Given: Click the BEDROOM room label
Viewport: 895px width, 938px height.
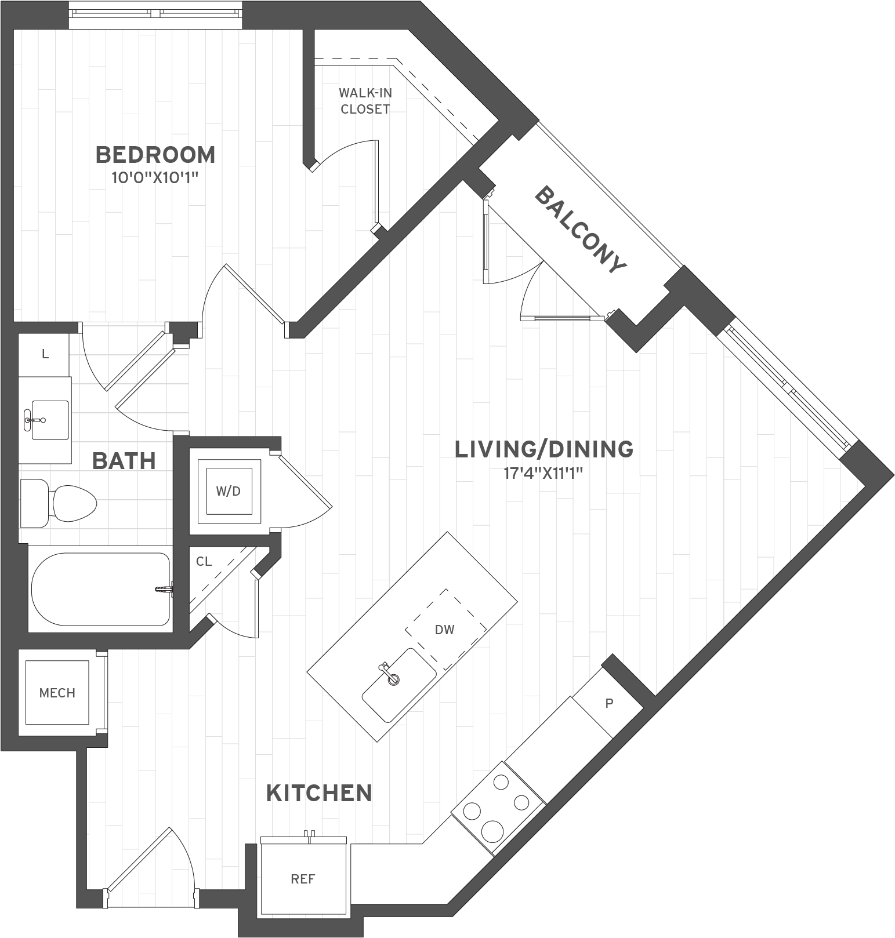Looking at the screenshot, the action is [155, 155].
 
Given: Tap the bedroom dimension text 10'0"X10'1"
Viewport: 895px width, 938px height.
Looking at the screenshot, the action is [155, 177].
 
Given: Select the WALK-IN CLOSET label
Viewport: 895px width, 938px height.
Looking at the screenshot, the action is [365, 100].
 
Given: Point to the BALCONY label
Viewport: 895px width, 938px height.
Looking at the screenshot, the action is [580, 230].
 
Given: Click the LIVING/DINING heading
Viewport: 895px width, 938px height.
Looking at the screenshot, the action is [543, 449].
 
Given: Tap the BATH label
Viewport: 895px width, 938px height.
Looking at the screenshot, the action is [124, 461].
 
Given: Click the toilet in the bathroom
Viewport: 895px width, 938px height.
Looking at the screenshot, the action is [58, 503].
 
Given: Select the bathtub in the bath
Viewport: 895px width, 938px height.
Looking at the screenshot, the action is [100, 589].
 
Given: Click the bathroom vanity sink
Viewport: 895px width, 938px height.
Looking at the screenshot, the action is [49, 419].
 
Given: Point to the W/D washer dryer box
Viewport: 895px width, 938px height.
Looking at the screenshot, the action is [229, 491].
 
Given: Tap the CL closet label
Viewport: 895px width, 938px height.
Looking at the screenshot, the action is [204, 561].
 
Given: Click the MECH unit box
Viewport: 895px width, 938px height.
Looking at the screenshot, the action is [57, 693].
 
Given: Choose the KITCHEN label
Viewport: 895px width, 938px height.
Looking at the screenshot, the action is [319, 792].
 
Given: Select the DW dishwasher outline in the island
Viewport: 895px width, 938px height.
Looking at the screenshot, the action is [445, 629].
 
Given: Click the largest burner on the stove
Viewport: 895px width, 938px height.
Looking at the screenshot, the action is [491, 830].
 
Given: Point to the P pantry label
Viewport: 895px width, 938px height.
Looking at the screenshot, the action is [609, 703].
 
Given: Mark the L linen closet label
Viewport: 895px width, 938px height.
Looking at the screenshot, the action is [45, 354].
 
